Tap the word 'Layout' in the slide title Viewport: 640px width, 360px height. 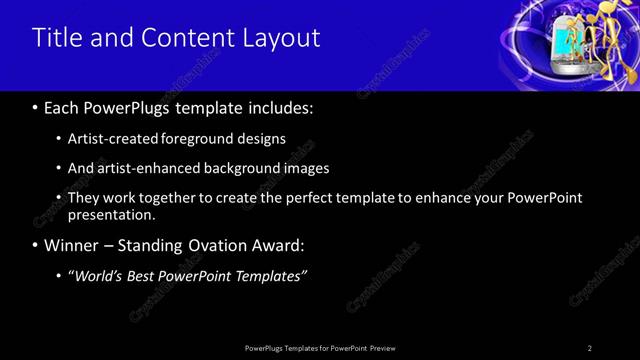(281, 38)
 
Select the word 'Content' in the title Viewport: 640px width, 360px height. (191, 38)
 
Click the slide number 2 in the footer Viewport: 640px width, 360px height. (590, 347)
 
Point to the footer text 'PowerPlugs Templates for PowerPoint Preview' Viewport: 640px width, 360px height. (321, 347)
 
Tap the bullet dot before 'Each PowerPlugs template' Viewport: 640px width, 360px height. (36, 107)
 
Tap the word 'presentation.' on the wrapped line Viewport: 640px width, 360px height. (112, 214)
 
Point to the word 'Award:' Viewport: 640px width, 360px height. (282, 245)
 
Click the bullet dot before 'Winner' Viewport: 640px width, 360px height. (36, 245)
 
